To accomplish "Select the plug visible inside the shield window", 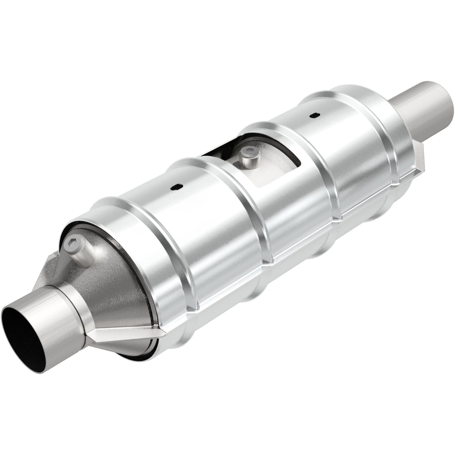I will coord(246,157).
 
